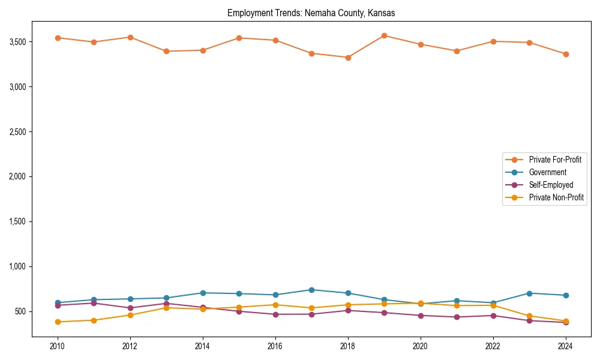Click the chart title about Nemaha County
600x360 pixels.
(x=311, y=13)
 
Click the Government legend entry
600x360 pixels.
(x=547, y=172)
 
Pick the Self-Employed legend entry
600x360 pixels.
(x=551, y=185)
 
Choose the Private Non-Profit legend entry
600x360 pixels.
(x=556, y=197)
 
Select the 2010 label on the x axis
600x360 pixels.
(x=58, y=346)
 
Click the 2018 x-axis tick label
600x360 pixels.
(x=348, y=346)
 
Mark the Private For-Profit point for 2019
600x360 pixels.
(x=384, y=35)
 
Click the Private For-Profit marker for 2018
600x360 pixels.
(x=348, y=58)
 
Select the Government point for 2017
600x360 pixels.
(x=311, y=290)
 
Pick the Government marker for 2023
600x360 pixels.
(x=529, y=293)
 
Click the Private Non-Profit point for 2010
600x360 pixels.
(x=58, y=322)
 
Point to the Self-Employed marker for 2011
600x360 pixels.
(x=94, y=303)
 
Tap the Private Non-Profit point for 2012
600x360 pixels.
(x=130, y=315)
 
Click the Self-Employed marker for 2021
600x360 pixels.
(x=457, y=317)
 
